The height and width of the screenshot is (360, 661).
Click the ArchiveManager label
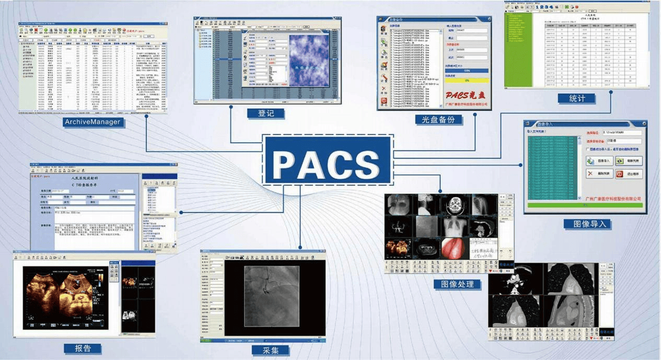click(92, 122)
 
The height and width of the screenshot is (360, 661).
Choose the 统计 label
click(578, 98)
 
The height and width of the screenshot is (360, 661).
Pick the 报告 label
click(82, 349)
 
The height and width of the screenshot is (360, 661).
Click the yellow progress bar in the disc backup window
click(466, 80)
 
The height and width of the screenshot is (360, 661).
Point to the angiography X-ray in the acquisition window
click(271, 296)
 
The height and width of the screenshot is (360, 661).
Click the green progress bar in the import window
click(585, 205)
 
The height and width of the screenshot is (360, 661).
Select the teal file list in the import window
click(553, 168)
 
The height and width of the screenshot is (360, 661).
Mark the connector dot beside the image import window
click(521, 164)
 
